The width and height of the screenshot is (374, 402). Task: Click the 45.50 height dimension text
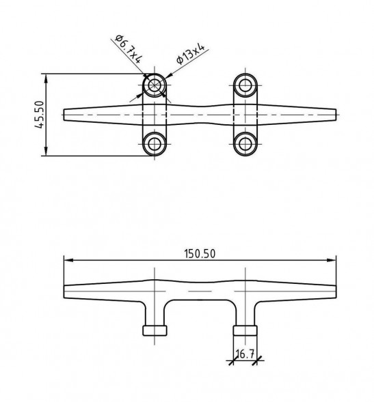pos(38,114)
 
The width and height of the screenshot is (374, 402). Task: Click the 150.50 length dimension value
pos(200,253)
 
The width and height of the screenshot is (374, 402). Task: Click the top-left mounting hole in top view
pos(155,85)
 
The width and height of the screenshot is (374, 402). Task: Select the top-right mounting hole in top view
pos(245,85)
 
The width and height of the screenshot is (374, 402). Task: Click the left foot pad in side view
pos(155,331)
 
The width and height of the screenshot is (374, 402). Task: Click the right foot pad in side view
pos(245,331)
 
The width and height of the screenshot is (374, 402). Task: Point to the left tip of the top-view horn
pos(65,115)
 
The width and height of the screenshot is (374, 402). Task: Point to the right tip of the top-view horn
pos(336,115)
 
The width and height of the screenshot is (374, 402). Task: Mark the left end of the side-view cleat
pos(65,291)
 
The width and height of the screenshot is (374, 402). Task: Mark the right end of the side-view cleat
pos(336,291)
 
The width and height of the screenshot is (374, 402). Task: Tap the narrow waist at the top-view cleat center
pos(200,115)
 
